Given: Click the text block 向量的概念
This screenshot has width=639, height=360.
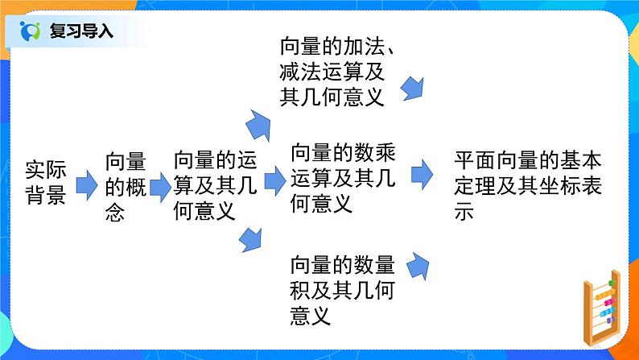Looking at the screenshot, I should click(125, 188).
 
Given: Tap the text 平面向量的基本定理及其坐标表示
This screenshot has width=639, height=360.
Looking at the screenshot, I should click(527, 186).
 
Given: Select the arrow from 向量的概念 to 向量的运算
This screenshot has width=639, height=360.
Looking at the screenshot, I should click(160, 187).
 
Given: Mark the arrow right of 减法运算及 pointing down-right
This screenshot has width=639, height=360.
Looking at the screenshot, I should click(411, 87).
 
